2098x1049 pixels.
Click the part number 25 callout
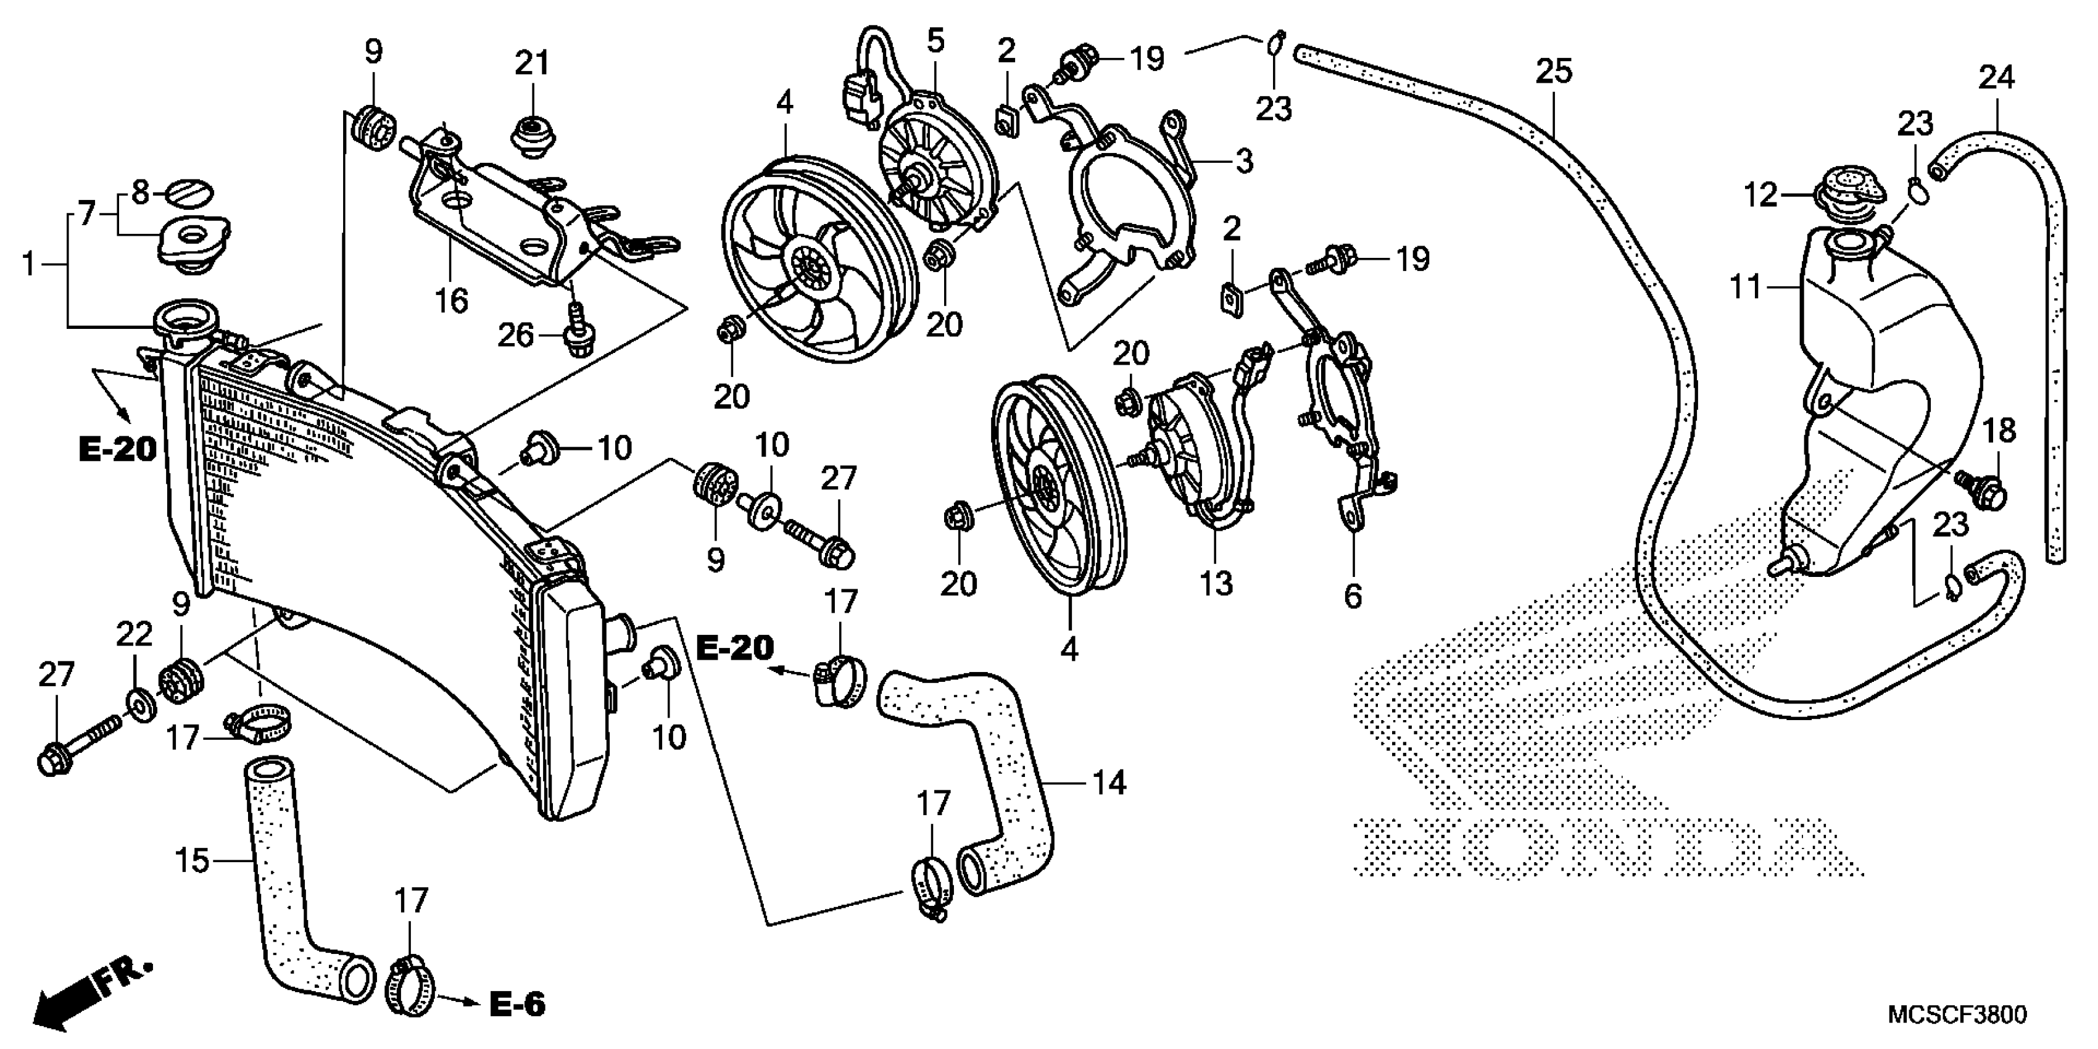(1553, 72)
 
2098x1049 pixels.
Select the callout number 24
(1996, 78)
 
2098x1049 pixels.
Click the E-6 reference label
(517, 1004)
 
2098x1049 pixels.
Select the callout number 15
(192, 861)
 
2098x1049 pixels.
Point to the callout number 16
(451, 301)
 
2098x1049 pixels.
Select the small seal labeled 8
(191, 194)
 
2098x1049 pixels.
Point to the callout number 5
(935, 41)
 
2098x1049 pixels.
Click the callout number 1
(28, 264)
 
